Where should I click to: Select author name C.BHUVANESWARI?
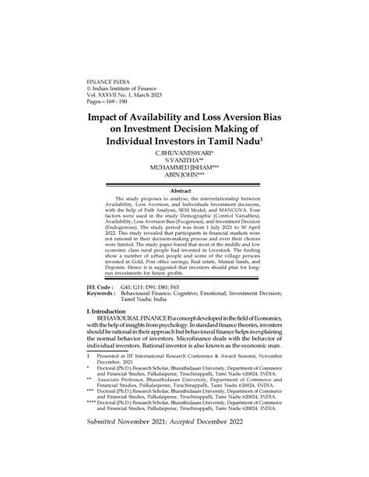coord(184,157)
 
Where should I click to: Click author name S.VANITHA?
coord(184,165)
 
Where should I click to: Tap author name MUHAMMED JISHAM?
coord(184,173)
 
